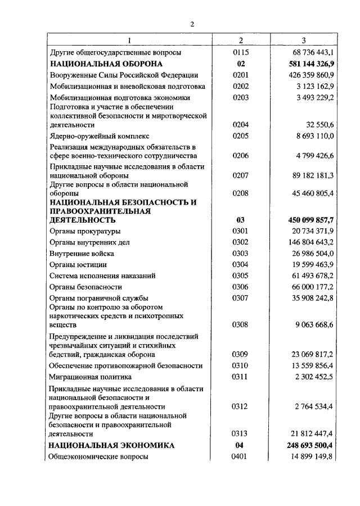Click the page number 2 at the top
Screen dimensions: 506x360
click(x=192, y=24)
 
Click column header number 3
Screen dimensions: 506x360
click(x=304, y=40)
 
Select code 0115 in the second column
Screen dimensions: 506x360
click(x=241, y=52)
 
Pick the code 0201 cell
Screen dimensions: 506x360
click(x=241, y=75)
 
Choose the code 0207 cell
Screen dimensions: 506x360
click(x=241, y=176)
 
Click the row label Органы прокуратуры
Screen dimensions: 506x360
click(x=84, y=231)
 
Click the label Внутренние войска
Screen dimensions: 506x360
click(x=82, y=254)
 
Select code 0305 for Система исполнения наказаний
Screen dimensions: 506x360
click(x=241, y=275)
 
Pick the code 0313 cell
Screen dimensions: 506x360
click(x=241, y=434)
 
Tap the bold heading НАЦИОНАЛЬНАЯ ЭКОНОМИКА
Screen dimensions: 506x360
click(x=111, y=445)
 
